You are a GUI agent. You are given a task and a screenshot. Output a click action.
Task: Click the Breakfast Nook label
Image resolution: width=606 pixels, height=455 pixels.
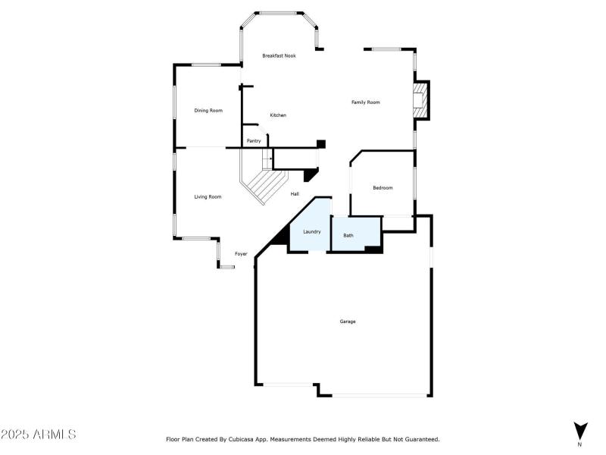click(279, 56)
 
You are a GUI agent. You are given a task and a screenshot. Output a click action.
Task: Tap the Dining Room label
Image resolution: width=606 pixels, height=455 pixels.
click(208, 111)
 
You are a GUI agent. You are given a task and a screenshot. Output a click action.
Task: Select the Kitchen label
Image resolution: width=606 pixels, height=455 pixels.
click(278, 115)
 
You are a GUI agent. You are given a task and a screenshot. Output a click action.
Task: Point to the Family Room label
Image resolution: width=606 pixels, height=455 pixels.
click(365, 102)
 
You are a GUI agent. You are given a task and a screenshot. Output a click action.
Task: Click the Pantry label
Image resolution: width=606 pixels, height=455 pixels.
click(254, 141)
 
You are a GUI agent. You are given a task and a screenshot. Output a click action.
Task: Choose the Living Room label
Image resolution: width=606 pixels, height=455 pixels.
click(208, 197)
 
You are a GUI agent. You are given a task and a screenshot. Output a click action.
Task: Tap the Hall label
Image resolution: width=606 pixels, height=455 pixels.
click(295, 194)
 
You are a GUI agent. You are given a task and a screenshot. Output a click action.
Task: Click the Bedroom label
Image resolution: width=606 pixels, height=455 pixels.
click(383, 188)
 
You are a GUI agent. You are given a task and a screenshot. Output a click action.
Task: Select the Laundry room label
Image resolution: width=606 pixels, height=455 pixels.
click(312, 231)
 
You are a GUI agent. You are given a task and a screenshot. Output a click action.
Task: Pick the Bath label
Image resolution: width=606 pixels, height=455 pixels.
click(348, 236)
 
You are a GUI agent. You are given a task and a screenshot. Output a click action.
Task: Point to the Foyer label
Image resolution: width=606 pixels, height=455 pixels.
click(241, 254)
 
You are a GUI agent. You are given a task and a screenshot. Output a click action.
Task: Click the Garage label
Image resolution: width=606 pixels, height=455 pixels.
click(347, 322)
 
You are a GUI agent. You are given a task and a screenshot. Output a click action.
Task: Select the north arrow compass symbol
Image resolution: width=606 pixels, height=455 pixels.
click(580, 429)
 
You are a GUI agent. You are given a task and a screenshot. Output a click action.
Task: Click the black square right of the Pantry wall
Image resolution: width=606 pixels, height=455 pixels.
click(320, 143)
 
